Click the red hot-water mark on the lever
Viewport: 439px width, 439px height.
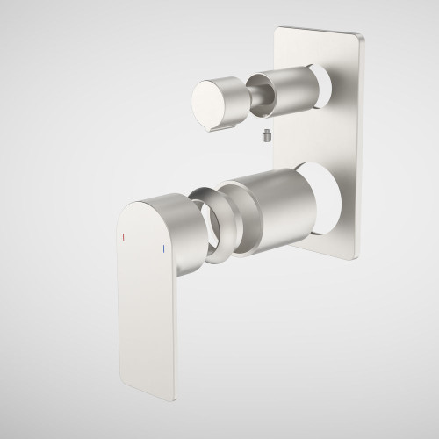(124, 237)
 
